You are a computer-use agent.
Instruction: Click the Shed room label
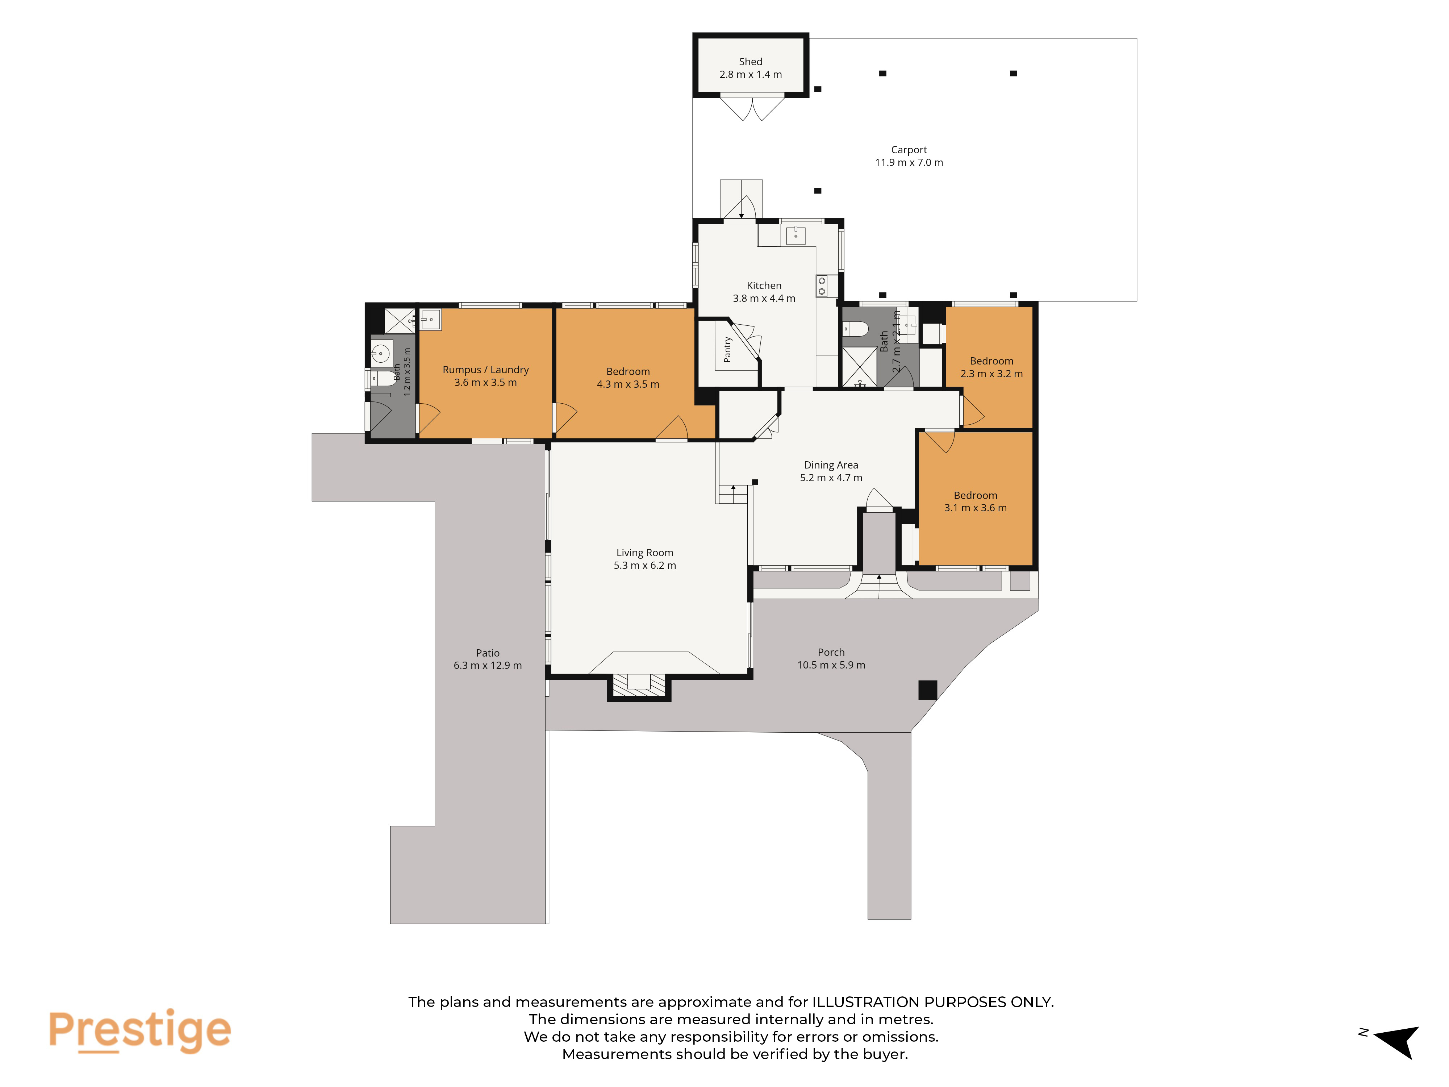pyautogui.click(x=750, y=62)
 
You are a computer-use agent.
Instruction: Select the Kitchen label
pyautogui.click(x=764, y=286)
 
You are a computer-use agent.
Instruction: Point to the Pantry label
pyautogui.click(x=727, y=350)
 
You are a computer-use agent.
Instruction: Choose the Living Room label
pyautogui.click(x=644, y=553)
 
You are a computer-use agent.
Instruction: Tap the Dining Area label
pyautogui.click(x=831, y=465)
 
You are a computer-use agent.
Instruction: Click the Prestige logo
pyautogui.click(x=139, y=1030)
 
